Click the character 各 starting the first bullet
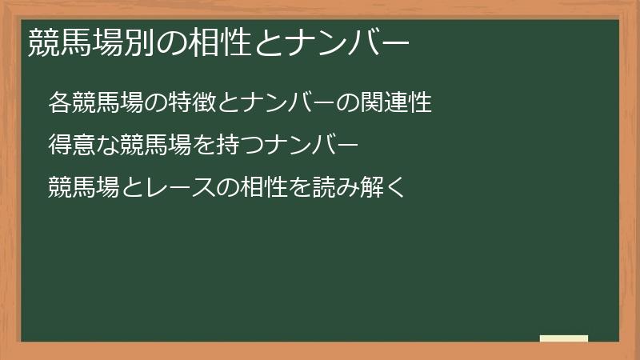58,103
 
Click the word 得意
70,146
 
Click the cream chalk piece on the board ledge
564,338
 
